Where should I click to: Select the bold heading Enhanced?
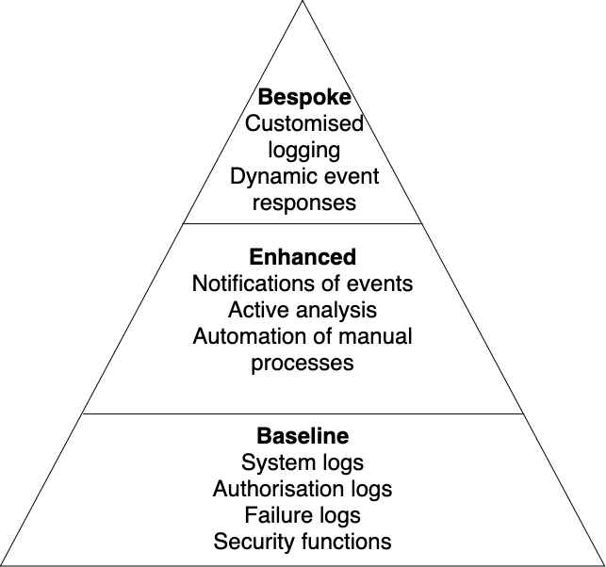(303, 256)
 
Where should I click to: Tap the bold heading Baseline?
(303, 436)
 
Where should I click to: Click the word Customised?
(303, 123)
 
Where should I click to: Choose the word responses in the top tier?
(303, 202)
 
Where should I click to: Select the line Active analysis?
(303, 309)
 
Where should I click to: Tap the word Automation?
(245, 336)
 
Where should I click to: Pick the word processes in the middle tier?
(303, 363)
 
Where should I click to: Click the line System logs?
(303, 462)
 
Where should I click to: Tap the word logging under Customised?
(303, 150)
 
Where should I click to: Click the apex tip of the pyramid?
(303, 4)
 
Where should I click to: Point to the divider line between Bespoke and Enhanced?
(303, 223)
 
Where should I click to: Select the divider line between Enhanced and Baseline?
(303, 413)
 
